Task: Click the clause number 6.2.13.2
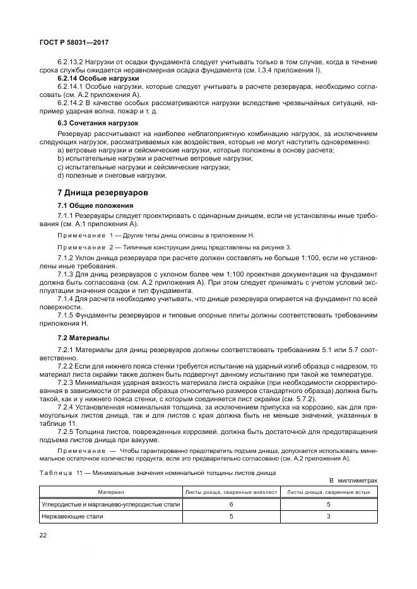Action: (x=71, y=62)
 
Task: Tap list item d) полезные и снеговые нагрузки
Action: (x=100, y=175)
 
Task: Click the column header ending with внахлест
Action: (x=230, y=491)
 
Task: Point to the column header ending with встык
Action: (x=328, y=491)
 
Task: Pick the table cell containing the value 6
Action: (x=231, y=504)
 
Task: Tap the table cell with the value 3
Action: (x=328, y=516)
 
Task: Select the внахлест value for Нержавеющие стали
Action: (x=231, y=516)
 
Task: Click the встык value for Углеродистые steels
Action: (x=328, y=504)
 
